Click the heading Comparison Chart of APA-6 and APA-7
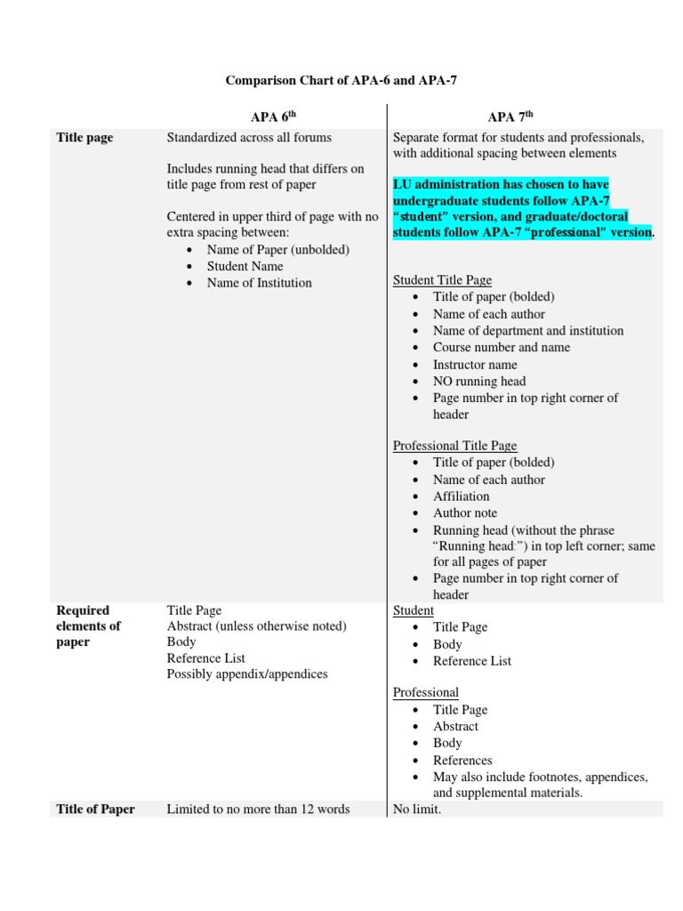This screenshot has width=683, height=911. pyautogui.click(x=341, y=81)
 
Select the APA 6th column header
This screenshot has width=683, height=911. pyautogui.click(x=274, y=117)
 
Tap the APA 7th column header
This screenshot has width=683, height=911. pyautogui.click(x=510, y=117)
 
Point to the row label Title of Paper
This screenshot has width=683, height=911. pyautogui.click(x=95, y=809)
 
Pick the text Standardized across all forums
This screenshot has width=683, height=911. pyautogui.click(x=249, y=137)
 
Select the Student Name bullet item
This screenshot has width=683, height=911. pyautogui.click(x=245, y=266)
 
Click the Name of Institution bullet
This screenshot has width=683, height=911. pyautogui.click(x=259, y=283)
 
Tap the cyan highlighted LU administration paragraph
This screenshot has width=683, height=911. pyautogui.click(x=523, y=208)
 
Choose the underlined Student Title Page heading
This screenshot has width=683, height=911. pyautogui.click(x=442, y=280)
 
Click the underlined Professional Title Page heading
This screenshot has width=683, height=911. pyautogui.click(x=454, y=446)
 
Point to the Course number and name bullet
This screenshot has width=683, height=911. pyautogui.click(x=502, y=347)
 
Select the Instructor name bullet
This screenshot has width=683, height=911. pyautogui.click(x=475, y=364)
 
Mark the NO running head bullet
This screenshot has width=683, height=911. pyautogui.click(x=479, y=381)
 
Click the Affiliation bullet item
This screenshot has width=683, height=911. pyautogui.click(x=461, y=496)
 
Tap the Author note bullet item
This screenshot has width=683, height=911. pyautogui.click(x=465, y=512)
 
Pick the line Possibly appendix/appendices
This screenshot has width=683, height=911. pyautogui.click(x=247, y=674)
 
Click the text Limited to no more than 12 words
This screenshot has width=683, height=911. pyautogui.click(x=258, y=809)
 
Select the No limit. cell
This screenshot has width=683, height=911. pyautogui.click(x=417, y=809)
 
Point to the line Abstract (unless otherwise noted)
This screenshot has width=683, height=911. pyautogui.click(x=256, y=626)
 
